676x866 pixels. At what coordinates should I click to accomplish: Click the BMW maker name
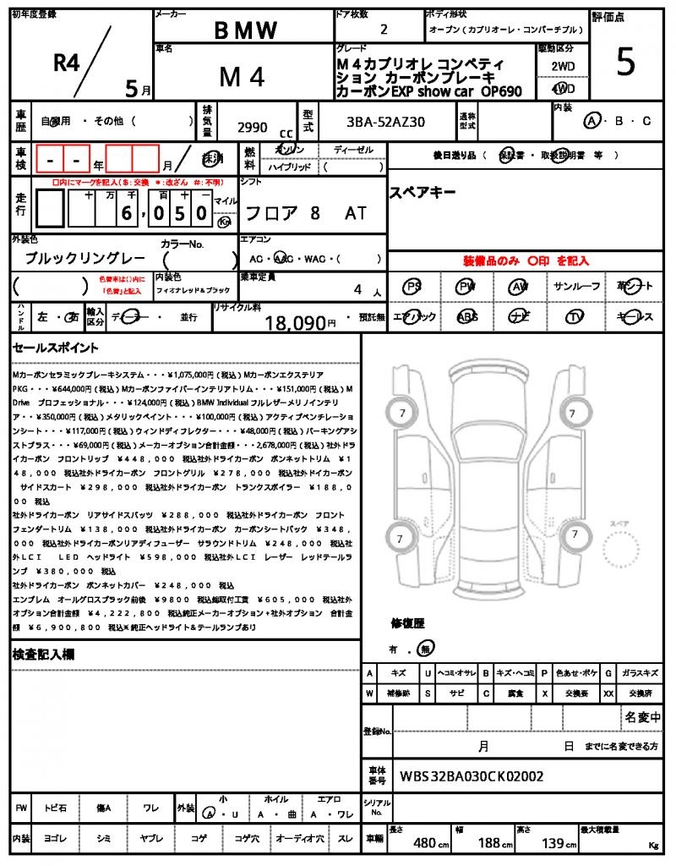point(245,30)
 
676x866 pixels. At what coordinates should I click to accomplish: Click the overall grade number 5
point(625,63)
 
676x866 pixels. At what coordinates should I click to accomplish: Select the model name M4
point(243,77)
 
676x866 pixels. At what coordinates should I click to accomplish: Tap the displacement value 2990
point(253,128)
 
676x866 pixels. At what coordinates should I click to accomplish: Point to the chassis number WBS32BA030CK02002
point(472,776)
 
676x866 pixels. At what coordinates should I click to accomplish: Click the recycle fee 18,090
point(295,322)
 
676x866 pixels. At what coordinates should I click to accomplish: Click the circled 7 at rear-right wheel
point(575,534)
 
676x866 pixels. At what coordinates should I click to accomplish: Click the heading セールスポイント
point(56,348)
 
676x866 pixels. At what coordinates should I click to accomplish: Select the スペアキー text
point(422,193)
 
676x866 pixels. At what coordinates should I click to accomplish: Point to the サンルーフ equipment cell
point(577,287)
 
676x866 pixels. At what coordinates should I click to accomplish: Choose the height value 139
point(553,842)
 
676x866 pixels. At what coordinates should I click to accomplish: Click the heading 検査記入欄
point(43,655)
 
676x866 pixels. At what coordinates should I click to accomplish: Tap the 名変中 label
point(643,718)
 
